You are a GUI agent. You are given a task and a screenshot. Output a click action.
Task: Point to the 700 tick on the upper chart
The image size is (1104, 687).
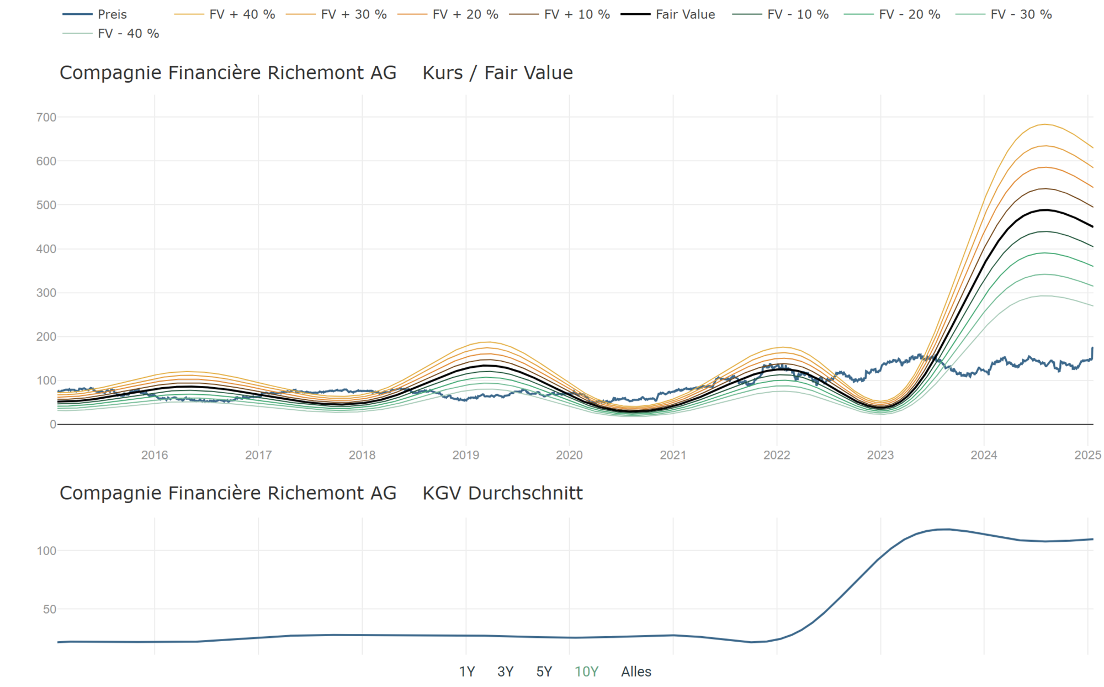(46, 117)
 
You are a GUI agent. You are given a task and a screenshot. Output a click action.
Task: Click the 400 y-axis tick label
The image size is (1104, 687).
(46, 249)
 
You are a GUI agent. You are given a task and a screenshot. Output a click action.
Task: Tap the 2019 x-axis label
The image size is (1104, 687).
(465, 455)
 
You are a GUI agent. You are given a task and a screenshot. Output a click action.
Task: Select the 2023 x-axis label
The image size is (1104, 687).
(880, 455)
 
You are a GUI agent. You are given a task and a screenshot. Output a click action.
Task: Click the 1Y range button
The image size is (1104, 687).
(467, 672)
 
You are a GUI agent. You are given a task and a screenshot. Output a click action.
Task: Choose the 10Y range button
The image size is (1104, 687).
(586, 672)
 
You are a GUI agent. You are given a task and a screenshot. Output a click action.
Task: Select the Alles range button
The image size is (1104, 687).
(636, 672)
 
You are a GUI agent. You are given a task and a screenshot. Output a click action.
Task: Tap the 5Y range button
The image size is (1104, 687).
(544, 672)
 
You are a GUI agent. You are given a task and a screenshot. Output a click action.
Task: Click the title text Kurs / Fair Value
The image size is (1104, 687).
(497, 73)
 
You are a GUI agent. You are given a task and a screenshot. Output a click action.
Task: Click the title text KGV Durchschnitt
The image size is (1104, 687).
(502, 493)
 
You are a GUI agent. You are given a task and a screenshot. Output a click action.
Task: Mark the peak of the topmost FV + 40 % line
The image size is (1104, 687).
(1045, 124)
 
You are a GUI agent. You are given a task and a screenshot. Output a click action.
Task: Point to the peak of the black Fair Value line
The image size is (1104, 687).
(1045, 210)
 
